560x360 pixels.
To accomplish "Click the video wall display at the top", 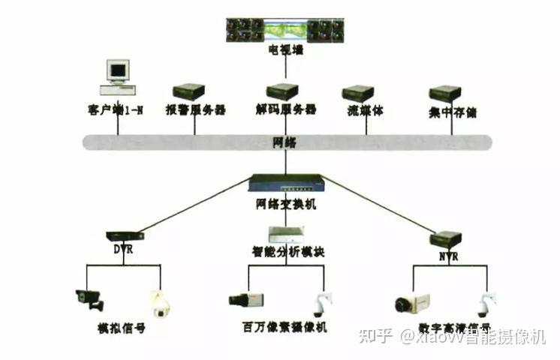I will click(x=285, y=30).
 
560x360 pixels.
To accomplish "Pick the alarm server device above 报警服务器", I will click(x=188, y=92).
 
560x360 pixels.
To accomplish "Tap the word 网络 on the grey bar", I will click(x=285, y=141).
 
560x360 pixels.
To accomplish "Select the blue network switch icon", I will click(x=286, y=183).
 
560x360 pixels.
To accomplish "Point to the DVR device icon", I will click(x=125, y=235).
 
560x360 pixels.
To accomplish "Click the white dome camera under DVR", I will click(x=159, y=303).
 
